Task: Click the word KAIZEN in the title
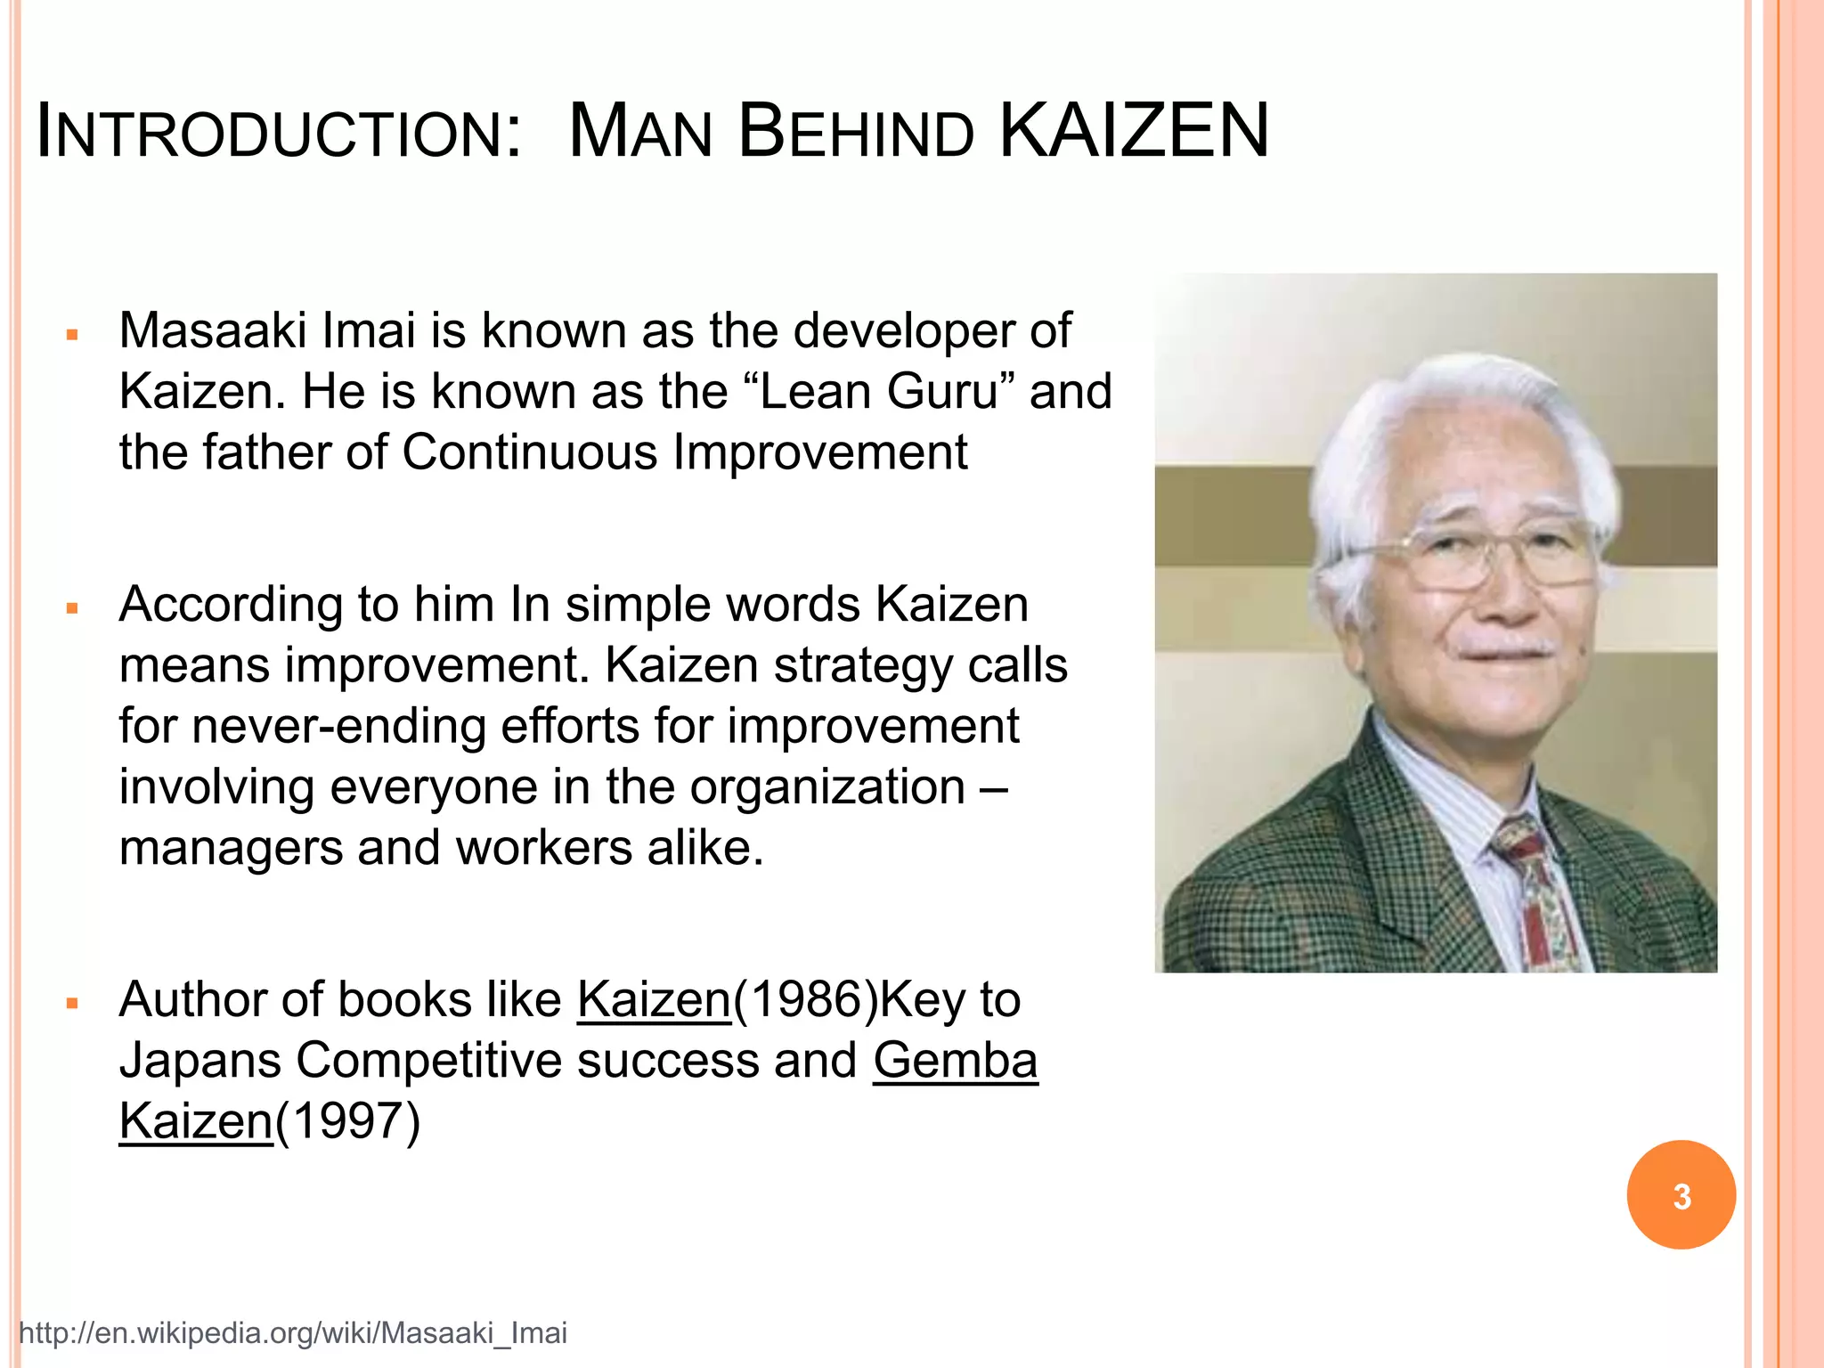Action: (x=1134, y=132)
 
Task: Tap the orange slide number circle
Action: (x=1681, y=1195)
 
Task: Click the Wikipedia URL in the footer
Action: (x=293, y=1333)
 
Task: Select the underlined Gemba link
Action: (x=955, y=1061)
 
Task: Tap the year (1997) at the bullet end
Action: (x=347, y=1121)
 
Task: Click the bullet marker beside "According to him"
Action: (x=73, y=609)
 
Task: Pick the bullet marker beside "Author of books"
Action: (x=73, y=1004)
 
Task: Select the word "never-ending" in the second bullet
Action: (x=338, y=726)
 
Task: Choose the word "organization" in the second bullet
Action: (x=827, y=787)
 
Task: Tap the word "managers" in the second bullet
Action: (x=231, y=848)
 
